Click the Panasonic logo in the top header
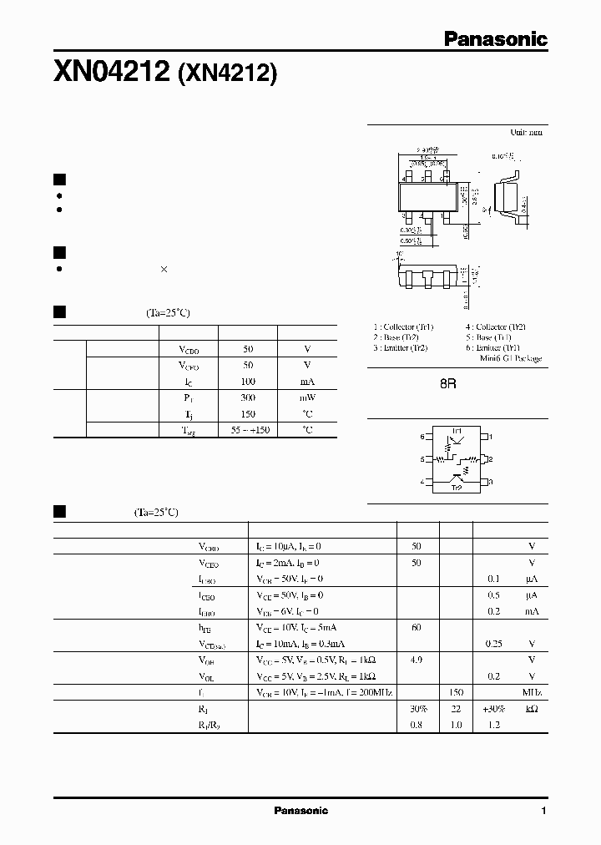(494, 38)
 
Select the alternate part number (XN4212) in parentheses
(225, 75)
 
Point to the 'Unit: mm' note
(526, 133)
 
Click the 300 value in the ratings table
(248, 397)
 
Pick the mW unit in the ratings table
(307, 397)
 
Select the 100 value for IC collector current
(248, 381)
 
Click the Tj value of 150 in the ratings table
(248, 413)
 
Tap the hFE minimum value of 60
(417, 627)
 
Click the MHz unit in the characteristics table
(531, 693)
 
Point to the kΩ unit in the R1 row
(531, 709)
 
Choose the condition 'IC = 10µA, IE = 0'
(289, 546)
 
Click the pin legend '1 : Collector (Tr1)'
(404, 327)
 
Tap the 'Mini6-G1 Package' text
(511, 358)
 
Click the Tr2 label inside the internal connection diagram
(456, 487)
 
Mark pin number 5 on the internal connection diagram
(422, 459)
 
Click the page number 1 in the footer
(543, 811)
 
